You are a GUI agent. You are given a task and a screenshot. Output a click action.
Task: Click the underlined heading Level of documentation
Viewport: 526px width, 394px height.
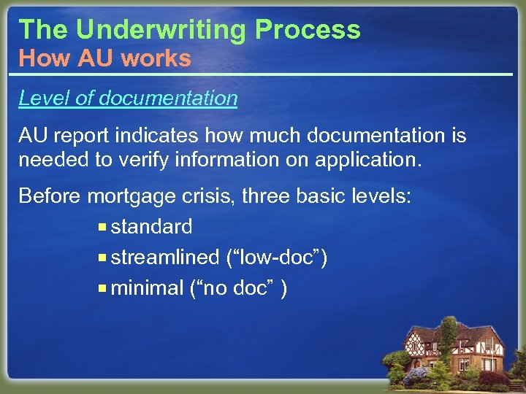coord(128,98)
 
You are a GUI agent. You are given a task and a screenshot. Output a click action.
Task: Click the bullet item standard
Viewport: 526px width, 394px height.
coord(151,227)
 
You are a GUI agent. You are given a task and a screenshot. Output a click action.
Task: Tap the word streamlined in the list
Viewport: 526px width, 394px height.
coord(165,258)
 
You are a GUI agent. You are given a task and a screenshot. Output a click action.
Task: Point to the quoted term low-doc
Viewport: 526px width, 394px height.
coord(276,258)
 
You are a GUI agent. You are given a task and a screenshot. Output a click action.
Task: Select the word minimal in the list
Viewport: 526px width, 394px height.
coord(147,288)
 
